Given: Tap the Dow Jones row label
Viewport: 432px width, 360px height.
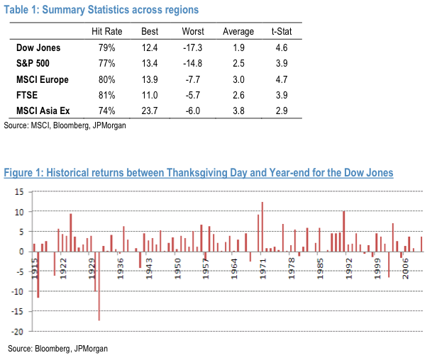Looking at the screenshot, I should click(38, 49).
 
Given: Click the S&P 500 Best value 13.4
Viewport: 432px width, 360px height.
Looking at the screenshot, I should click(150, 64).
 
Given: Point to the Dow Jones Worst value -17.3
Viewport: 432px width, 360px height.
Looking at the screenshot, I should click(193, 49).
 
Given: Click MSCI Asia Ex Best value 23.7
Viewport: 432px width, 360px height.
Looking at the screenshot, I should click(150, 111).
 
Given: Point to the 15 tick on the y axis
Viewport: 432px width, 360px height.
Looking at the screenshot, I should click(19, 192).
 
